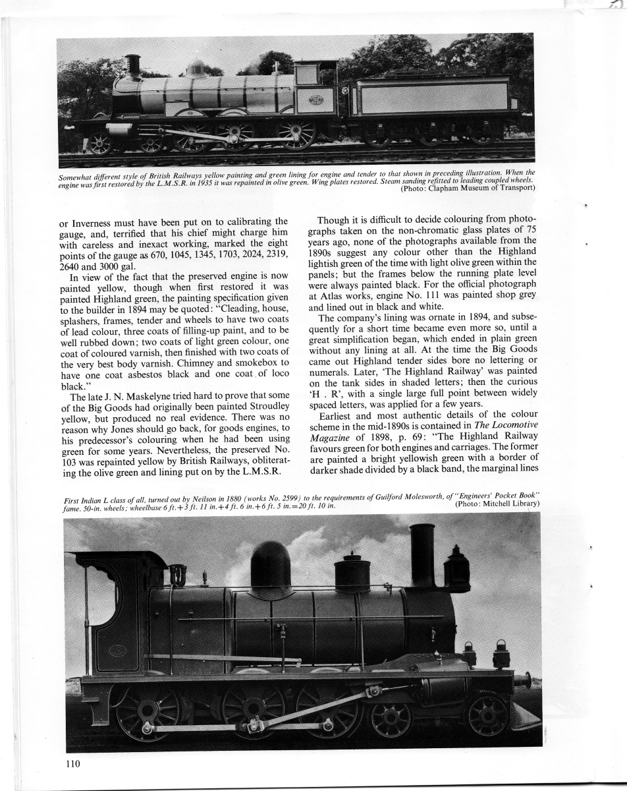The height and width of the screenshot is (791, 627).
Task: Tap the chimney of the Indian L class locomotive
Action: coord(422,554)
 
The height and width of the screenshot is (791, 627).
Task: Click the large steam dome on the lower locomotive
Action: coord(271,568)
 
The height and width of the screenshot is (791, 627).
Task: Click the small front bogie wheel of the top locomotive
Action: coord(100,144)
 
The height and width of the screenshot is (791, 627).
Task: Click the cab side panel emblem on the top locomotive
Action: coord(316,100)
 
